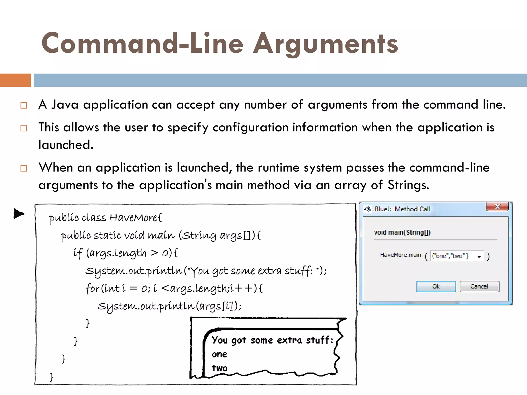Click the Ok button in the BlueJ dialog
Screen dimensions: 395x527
(436, 286)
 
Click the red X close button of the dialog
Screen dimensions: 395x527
(497, 207)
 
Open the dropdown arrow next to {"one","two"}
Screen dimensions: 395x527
(479, 256)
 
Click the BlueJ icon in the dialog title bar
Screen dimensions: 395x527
(368, 209)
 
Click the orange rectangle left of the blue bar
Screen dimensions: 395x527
(15, 80)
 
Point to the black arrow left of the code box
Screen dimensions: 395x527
(19, 213)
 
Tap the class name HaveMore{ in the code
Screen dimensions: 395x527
(136, 218)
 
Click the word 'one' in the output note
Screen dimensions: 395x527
(219, 354)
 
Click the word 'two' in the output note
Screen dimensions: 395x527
(219, 368)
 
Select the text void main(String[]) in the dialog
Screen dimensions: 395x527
(402, 232)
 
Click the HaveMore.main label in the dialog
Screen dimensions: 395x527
(400, 255)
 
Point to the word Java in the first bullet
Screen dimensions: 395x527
(65, 105)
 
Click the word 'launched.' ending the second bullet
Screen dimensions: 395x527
(66, 145)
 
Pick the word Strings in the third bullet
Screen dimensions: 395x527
(408, 185)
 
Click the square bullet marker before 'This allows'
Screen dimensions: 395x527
(24, 128)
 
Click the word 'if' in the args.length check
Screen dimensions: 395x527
(78, 253)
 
